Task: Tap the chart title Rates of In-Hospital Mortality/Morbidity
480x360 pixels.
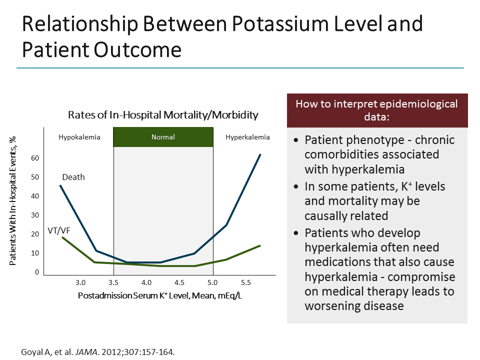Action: pos(163,115)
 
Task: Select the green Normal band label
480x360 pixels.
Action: pos(163,137)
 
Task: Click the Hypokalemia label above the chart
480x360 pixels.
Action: pos(79,137)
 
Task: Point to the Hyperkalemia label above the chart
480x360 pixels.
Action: pos(247,137)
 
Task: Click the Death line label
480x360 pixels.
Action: pos(73,177)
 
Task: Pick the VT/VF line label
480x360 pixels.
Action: pos(58,230)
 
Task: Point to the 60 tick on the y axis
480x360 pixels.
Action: pos(35,158)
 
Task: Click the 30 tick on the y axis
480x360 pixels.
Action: pos(35,215)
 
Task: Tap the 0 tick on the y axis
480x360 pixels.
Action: pos(37,272)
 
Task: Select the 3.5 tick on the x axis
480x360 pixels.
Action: pos(113,282)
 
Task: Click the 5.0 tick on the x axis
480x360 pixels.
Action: pos(213,282)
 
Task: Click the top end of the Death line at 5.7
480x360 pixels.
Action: pos(260,154)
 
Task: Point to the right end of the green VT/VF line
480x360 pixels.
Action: pos(260,245)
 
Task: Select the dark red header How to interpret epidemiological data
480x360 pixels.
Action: pos(377,110)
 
